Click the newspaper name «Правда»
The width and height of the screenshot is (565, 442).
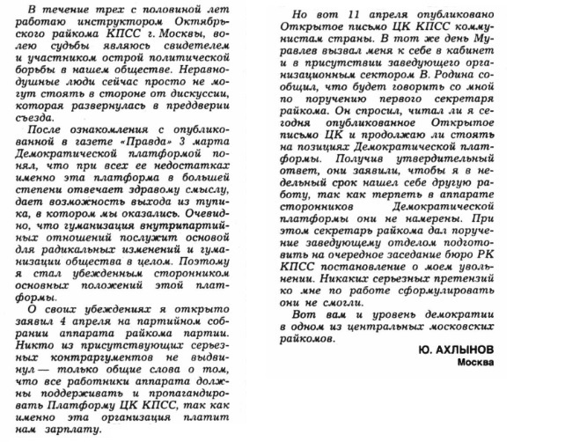[184, 142]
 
